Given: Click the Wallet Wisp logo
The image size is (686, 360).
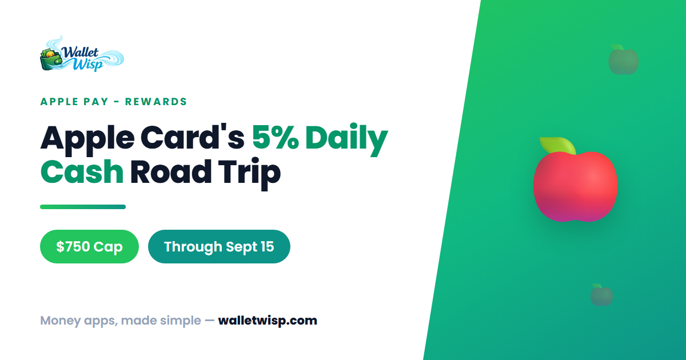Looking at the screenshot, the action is pos(82,54).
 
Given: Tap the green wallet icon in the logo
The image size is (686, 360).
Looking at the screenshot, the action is pos(51,59).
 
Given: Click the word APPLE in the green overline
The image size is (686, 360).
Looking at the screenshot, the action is pos(59,102).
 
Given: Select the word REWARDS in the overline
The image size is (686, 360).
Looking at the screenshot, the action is pos(156,102).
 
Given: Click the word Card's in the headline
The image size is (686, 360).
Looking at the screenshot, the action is pos(192,138).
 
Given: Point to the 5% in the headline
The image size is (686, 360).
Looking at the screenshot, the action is pos(276,138).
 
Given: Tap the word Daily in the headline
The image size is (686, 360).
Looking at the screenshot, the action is pos(346,139).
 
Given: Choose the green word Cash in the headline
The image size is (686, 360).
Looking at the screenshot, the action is pos(82,171).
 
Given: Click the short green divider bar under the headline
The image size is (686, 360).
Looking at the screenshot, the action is pos(83,207).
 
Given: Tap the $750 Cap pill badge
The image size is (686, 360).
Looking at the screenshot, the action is pos(89,246).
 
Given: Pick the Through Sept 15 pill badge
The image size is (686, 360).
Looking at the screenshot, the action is pos(219,246).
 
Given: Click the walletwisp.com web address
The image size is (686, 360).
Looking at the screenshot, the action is pos(268,321).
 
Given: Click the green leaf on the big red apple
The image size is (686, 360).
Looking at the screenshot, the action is pos(558,145).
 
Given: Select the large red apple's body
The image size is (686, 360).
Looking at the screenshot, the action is pos(576,187).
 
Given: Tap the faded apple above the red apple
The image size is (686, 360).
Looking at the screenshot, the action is pos(624,59).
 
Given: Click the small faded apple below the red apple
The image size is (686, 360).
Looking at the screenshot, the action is pos(601,295).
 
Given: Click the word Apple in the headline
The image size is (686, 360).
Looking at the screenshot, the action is pos(87,140).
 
